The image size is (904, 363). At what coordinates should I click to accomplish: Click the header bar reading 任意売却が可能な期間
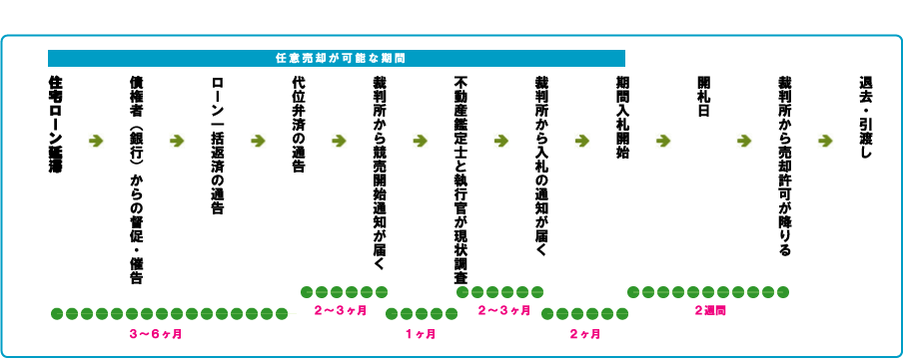point(336,58)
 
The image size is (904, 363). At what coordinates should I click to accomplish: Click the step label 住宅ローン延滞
point(56,125)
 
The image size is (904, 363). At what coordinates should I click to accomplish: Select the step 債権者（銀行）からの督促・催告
point(137,179)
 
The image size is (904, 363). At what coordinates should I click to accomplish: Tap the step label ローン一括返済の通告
point(218,146)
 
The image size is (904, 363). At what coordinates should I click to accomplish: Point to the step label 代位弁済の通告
point(299,125)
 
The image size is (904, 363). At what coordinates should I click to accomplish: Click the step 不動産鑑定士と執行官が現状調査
point(460,180)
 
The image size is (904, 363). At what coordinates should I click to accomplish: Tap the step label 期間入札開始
point(622,118)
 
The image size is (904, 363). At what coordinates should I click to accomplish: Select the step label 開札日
point(703,97)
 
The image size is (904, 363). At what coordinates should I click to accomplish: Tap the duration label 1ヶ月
point(422,332)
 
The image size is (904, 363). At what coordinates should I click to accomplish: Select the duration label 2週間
point(708,310)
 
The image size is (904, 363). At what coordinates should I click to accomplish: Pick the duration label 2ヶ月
point(584,332)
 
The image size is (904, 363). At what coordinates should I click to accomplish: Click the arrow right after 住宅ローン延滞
point(96,141)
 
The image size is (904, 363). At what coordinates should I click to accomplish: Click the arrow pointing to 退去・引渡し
point(825,141)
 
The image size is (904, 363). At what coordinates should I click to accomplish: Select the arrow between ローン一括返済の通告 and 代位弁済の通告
point(258,141)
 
